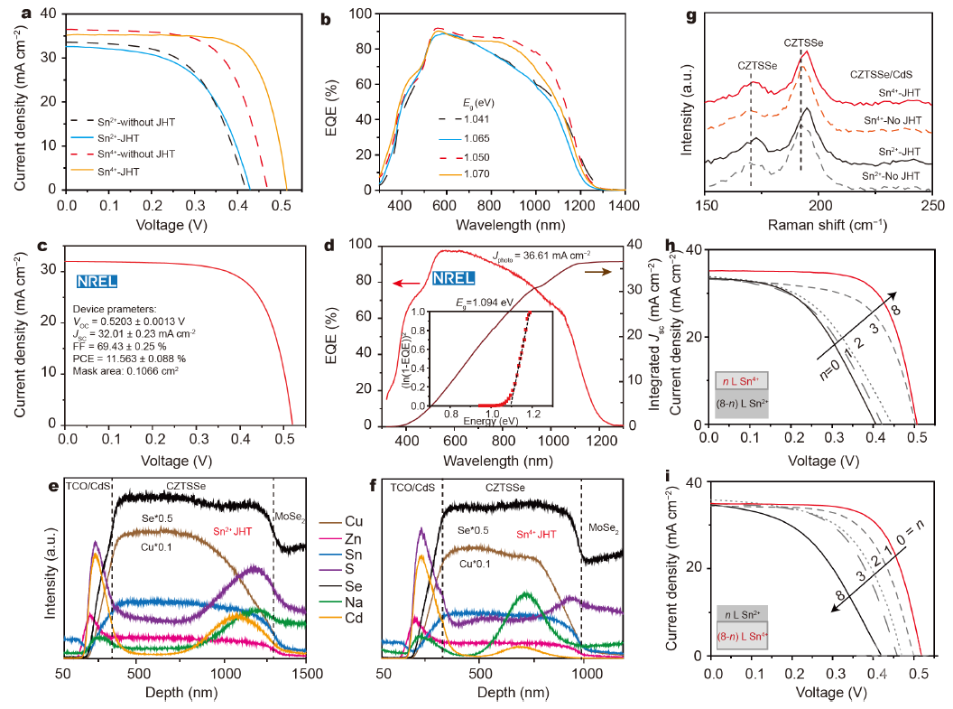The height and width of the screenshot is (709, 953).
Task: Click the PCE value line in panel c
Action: pos(137,359)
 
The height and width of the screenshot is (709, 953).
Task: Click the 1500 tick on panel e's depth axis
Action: pos(307,673)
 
